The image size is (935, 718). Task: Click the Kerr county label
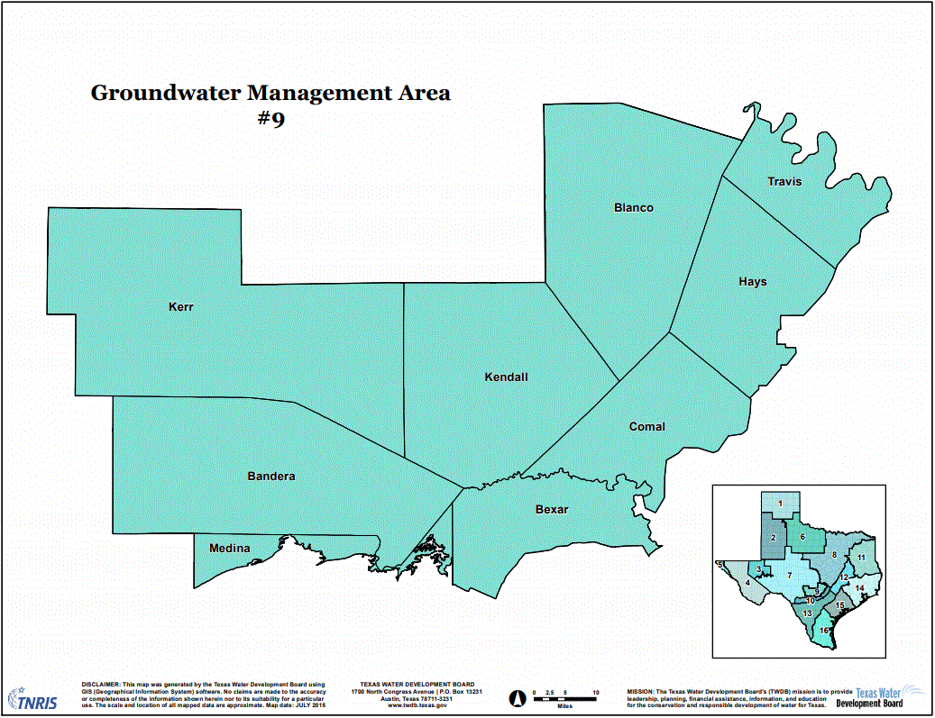click(x=181, y=307)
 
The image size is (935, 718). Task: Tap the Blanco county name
click(x=633, y=208)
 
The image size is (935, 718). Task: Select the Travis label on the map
click(x=784, y=182)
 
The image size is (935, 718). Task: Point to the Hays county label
click(x=752, y=282)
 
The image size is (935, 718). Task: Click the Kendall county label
click(x=506, y=377)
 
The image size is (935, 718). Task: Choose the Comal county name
click(x=646, y=427)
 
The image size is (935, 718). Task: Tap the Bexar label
click(x=552, y=510)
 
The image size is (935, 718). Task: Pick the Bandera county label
click(x=271, y=477)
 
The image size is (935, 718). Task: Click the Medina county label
click(x=230, y=548)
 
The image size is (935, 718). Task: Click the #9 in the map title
click(x=270, y=119)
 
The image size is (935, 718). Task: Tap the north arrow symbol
click(x=518, y=696)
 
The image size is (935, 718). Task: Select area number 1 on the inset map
click(x=780, y=504)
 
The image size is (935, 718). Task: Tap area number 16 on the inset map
click(x=823, y=631)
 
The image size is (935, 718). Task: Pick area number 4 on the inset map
click(x=747, y=582)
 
